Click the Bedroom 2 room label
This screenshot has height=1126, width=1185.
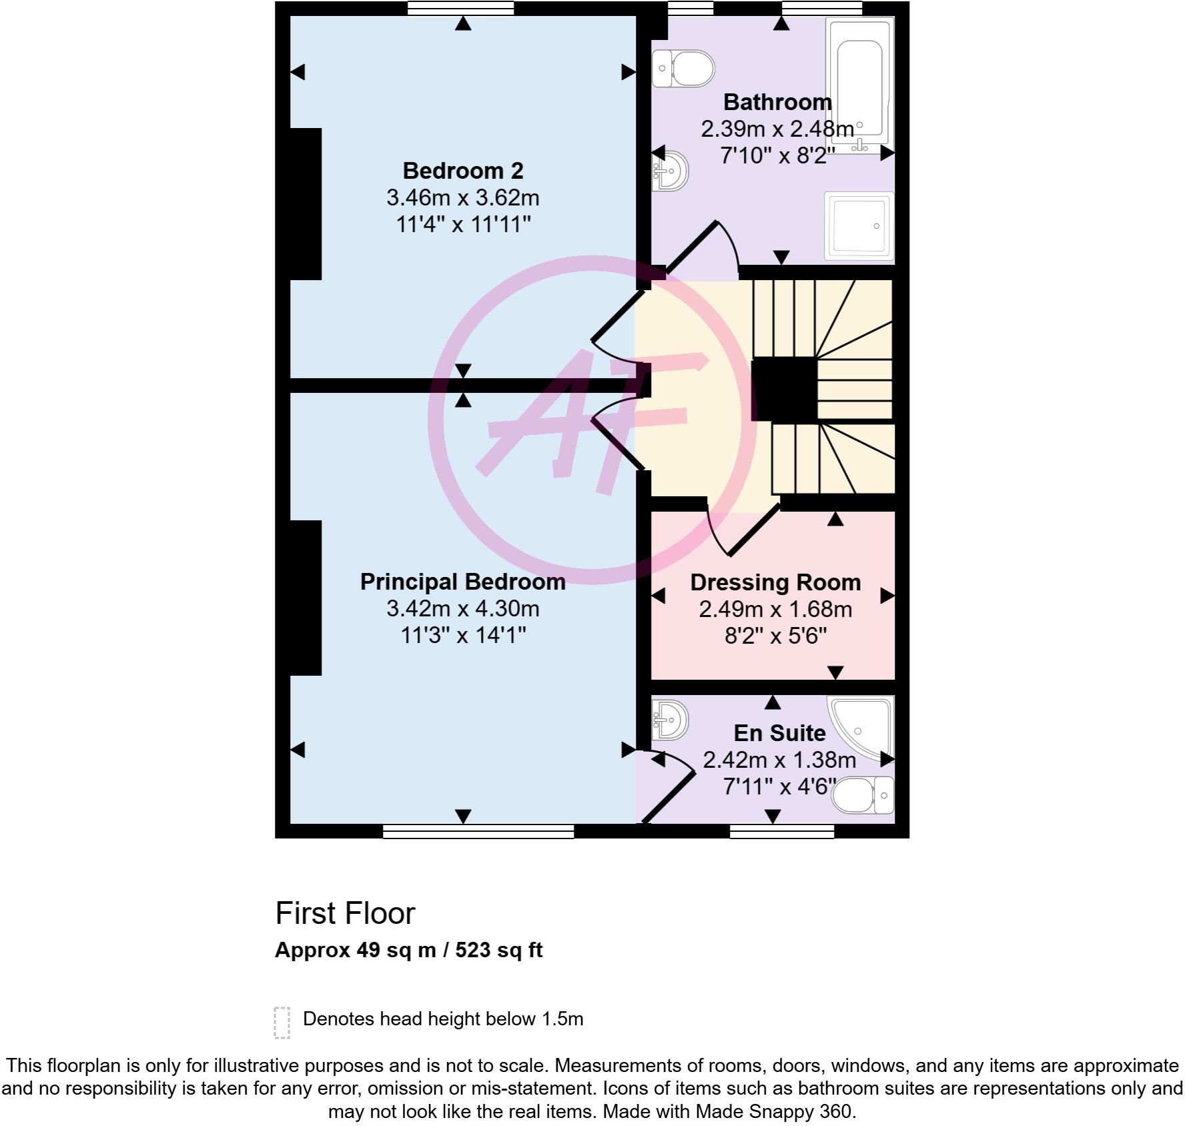point(462,171)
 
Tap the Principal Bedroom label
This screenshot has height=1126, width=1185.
point(462,582)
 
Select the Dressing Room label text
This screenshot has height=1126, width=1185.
point(775,582)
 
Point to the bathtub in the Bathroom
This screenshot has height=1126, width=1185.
point(859,85)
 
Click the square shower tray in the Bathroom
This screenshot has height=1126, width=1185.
point(859,226)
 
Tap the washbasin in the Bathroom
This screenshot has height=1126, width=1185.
point(670,171)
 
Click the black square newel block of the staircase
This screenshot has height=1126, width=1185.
point(784,389)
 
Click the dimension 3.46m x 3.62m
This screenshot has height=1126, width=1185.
point(462,198)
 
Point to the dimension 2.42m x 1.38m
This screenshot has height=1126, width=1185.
point(779,760)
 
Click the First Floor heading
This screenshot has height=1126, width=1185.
point(345,913)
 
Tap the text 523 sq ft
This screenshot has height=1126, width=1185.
point(498,950)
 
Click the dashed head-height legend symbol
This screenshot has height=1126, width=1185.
point(282,1023)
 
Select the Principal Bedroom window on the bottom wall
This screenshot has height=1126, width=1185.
point(478,831)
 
